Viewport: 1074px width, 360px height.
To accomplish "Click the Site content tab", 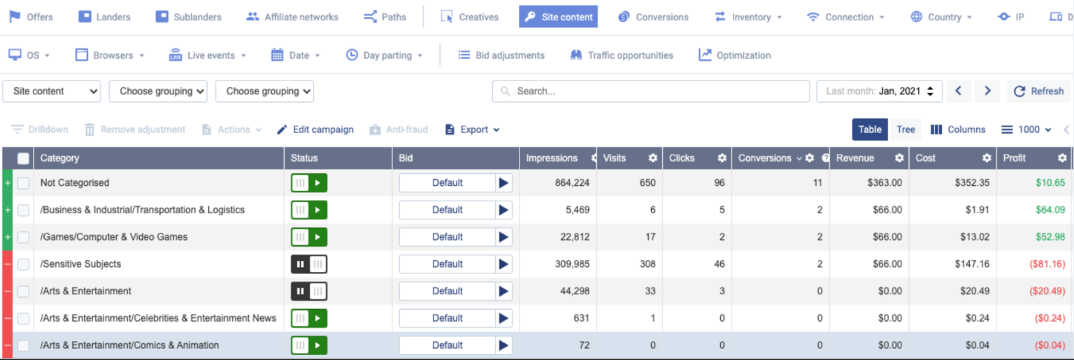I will [558, 17].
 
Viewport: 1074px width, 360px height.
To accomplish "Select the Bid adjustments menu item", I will [501, 55].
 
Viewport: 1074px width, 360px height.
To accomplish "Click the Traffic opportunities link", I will [622, 55].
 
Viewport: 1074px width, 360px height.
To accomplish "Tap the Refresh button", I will [1039, 91].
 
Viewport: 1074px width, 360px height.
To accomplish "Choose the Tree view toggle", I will [905, 129].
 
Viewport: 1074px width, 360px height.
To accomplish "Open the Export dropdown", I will [473, 129].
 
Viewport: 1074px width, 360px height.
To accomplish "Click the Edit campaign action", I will [315, 129].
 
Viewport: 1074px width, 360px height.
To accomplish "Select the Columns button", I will [958, 129].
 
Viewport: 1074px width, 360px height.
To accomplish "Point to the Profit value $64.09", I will [1050, 210].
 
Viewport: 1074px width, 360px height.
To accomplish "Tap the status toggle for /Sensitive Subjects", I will [309, 264].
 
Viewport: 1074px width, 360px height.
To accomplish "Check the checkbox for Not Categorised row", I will [24, 183].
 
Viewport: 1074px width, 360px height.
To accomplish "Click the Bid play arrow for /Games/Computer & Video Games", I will [503, 237].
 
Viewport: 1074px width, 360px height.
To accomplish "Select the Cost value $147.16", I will [972, 264].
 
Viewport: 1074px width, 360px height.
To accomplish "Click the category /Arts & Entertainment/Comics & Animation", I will [129, 345].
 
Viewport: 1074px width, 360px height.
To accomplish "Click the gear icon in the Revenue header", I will [899, 158].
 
